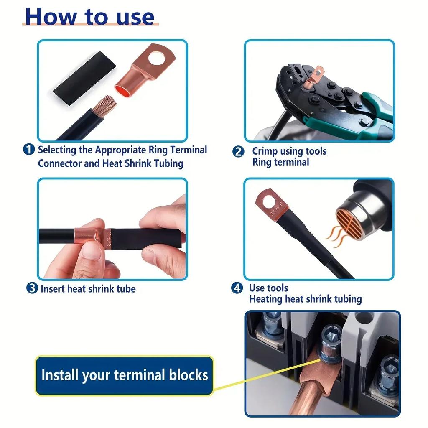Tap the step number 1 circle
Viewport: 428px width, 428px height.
(x=28, y=150)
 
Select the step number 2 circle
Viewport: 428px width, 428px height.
(x=238, y=151)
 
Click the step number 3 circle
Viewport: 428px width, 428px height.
(x=32, y=288)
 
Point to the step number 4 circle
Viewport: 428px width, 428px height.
(x=237, y=288)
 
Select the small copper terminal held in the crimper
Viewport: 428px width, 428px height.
(x=313, y=77)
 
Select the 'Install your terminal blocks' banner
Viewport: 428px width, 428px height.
(x=124, y=375)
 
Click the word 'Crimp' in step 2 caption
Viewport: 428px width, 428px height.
(x=265, y=151)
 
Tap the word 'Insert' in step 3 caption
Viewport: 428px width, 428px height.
(x=53, y=288)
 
